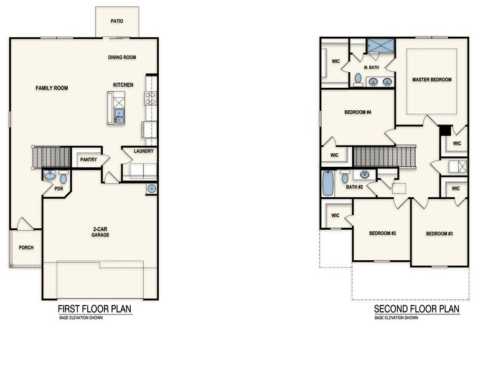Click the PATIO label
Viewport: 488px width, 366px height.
[x=117, y=21]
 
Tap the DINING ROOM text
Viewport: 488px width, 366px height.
[x=122, y=58]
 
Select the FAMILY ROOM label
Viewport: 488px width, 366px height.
[x=52, y=88]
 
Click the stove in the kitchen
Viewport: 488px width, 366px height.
[x=150, y=98]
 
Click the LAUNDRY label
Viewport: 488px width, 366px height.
[x=144, y=151]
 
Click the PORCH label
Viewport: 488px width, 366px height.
[x=26, y=248]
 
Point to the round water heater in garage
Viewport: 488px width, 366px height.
[x=152, y=189]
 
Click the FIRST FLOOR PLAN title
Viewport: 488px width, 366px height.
[x=95, y=309]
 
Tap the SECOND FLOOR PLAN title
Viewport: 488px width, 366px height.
[x=416, y=309]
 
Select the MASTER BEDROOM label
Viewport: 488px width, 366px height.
[x=431, y=80]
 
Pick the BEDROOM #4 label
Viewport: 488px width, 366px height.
[x=358, y=113]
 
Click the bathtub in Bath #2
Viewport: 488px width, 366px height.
[x=328, y=184]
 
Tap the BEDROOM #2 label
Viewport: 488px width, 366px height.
[x=382, y=233]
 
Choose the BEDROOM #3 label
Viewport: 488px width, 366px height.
[x=439, y=233]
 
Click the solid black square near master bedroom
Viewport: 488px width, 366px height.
[x=444, y=131]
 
